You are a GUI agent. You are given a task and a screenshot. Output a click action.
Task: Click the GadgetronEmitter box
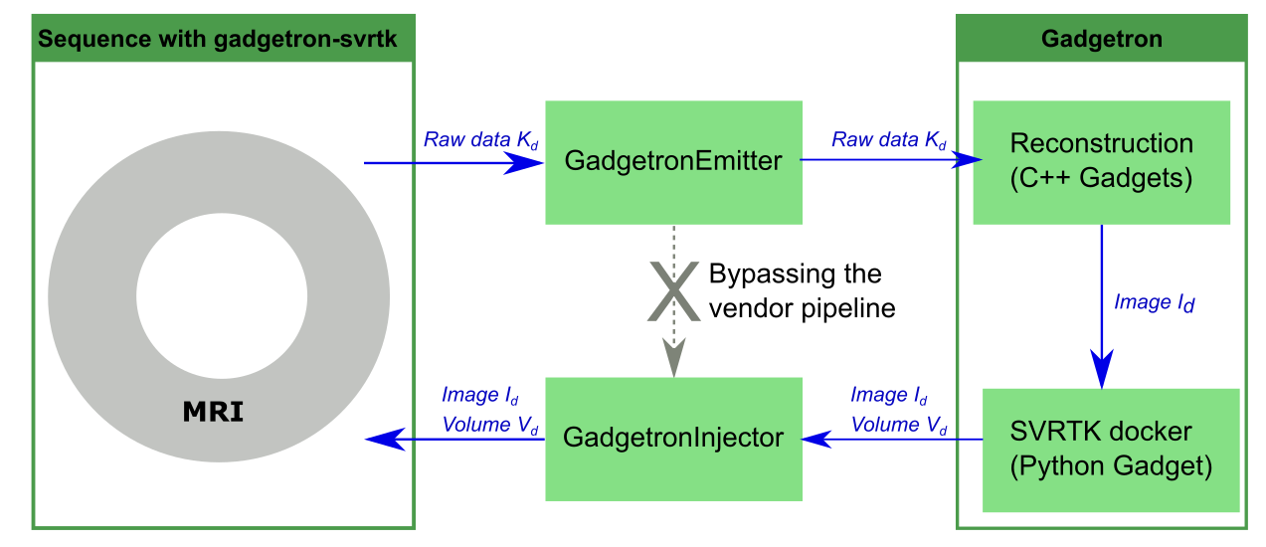(x=673, y=162)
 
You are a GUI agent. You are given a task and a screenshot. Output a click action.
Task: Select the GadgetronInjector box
(x=673, y=439)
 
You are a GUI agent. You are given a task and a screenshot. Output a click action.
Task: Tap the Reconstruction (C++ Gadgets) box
(x=1101, y=162)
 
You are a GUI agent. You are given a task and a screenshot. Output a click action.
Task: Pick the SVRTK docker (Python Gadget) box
(x=1111, y=451)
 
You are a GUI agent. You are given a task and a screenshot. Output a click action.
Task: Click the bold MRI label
(x=213, y=411)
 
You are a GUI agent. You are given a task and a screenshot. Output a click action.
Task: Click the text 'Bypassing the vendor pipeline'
(x=802, y=291)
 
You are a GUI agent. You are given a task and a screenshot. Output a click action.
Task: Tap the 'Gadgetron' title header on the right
(x=1101, y=40)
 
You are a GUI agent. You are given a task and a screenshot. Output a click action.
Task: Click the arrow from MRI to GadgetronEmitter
(x=453, y=162)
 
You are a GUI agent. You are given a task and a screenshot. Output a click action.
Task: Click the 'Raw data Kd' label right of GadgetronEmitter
(x=889, y=139)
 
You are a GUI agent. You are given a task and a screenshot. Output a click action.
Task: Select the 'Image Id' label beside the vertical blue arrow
(x=1154, y=302)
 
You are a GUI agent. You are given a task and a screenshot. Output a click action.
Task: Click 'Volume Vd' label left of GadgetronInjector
(x=490, y=426)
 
